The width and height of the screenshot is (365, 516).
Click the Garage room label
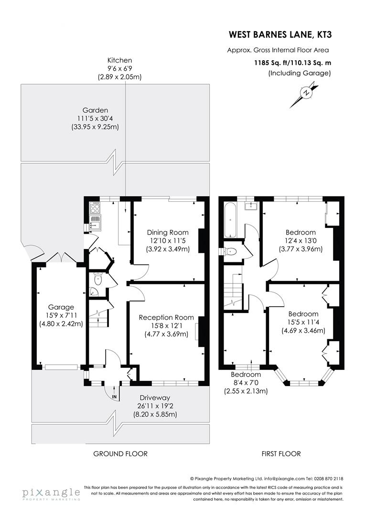(x=60, y=307)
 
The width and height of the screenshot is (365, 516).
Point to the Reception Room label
(x=166, y=317)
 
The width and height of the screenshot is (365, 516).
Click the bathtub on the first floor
(x=230, y=220)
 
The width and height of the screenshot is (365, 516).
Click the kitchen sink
(x=96, y=222)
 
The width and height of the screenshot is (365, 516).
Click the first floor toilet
(x=231, y=251)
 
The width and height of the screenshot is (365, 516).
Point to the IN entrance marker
(x=114, y=397)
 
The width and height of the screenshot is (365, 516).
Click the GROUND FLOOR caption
(x=120, y=453)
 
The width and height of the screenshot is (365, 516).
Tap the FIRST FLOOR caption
(x=281, y=453)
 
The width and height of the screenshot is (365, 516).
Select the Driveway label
(x=155, y=398)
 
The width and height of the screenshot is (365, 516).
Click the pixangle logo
(x=50, y=493)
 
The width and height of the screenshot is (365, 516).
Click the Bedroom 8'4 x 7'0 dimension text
(x=246, y=383)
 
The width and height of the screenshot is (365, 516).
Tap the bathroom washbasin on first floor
(x=251, y=206)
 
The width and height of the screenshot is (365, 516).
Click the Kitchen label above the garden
(x=119, y=60)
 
